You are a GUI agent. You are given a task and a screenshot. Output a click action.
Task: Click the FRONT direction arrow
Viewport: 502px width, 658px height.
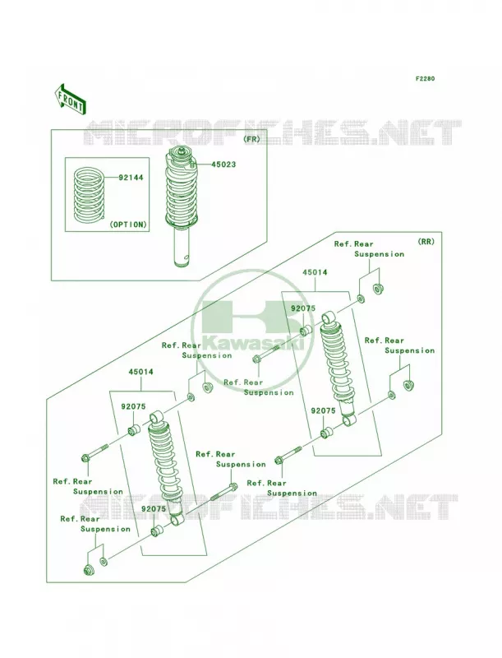pos(71,99)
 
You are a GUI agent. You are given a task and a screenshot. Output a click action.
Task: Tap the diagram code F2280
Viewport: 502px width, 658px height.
pos(425,78)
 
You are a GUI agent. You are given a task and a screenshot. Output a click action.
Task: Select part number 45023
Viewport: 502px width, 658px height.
pos(223,164)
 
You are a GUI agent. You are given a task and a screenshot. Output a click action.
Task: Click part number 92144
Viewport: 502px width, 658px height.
pos(131,178)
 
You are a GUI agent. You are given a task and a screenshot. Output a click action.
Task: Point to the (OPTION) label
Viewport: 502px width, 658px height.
pos(128,225)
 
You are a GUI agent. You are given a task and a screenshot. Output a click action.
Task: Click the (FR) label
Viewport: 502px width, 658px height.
pos(251,139)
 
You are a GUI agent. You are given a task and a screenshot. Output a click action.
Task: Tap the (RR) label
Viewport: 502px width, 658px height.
pos(426,242)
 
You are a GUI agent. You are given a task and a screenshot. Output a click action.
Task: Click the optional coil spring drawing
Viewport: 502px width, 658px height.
pos(89,194)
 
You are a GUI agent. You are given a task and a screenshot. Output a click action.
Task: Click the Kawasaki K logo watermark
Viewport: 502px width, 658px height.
pos(252,331)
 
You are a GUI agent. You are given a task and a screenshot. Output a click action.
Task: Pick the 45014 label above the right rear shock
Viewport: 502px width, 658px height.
pos(315,272)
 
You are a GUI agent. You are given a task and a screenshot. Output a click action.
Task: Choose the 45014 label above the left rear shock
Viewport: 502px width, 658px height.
pos(140,372)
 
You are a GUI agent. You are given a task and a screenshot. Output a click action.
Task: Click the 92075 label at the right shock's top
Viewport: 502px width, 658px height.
pos(303,308)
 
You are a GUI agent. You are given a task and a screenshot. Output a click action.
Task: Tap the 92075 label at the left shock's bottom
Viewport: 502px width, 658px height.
pos(154,509)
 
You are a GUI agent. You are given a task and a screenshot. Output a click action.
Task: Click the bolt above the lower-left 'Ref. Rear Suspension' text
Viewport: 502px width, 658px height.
pos(95,452)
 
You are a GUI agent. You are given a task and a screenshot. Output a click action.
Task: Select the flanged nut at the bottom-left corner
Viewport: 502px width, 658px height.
pos(89,570)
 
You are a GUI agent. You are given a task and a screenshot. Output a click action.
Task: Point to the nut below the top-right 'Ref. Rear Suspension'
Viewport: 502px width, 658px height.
pos(379,289)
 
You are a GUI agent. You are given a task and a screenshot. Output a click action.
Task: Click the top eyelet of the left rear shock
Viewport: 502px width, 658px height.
pos(157,417)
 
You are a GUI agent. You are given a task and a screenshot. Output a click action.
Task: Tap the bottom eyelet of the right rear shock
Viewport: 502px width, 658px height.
pos(349,419)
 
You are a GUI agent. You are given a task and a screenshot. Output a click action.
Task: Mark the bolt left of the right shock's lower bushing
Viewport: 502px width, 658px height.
pos(288,455)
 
